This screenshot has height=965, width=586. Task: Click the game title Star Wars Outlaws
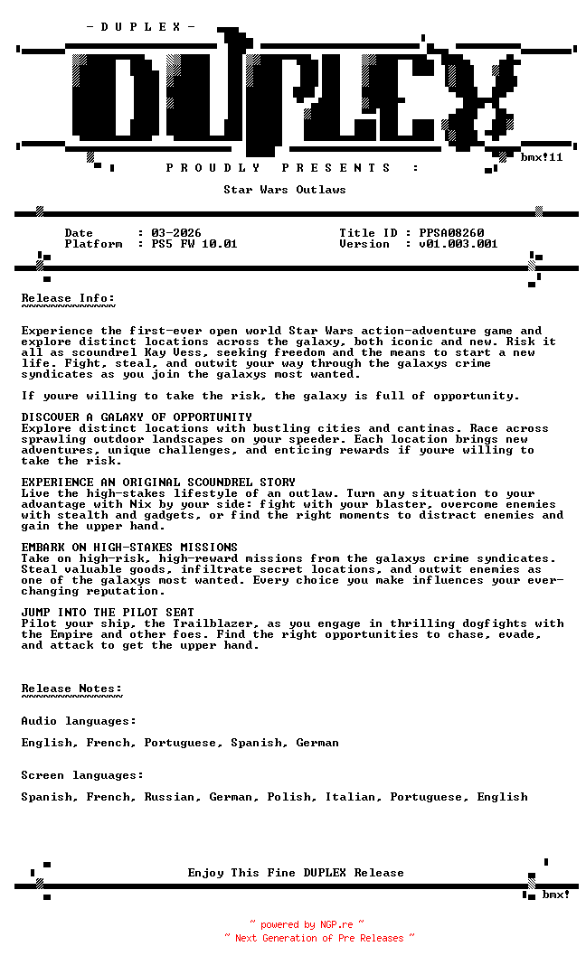tap(285, 190)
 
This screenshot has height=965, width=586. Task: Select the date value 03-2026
tap(176, 233)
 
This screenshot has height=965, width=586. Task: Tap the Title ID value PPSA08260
tap(451, 233)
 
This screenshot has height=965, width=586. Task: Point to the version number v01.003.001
tap(458, 244)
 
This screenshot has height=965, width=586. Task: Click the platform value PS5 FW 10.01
tap(194, 244)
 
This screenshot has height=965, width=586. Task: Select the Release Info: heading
tap(68, 298)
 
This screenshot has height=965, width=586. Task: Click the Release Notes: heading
tap(71, 689)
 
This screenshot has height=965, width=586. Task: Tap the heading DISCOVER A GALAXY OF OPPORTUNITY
tap(137, 417)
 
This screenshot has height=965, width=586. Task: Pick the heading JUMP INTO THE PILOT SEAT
tap(108, 613)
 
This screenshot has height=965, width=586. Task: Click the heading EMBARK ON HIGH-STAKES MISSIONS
tap(129, 548)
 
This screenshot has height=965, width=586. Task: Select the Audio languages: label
tap(79, 721)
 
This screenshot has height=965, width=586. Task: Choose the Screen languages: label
tap(82, 775)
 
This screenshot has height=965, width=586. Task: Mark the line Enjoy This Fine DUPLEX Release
tap(296, 873)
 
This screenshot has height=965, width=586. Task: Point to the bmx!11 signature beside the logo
tap(542, 157)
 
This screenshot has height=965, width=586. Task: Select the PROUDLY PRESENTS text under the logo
tap(292, 168)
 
